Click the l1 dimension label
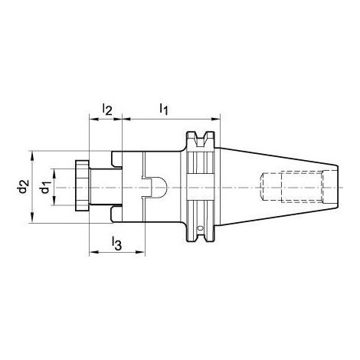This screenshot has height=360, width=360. click(x=164, y=110)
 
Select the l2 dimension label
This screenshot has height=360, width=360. click(x=107, y=110)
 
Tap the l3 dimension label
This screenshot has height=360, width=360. click(x=116, y=244)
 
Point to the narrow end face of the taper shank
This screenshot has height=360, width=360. click(x=338, y=186)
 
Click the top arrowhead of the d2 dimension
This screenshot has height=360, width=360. click(x=32, y=152)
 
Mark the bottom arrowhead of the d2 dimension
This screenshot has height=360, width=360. click(x=32, y=221)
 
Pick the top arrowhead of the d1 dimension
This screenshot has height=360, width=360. click(x=54, y=169)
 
